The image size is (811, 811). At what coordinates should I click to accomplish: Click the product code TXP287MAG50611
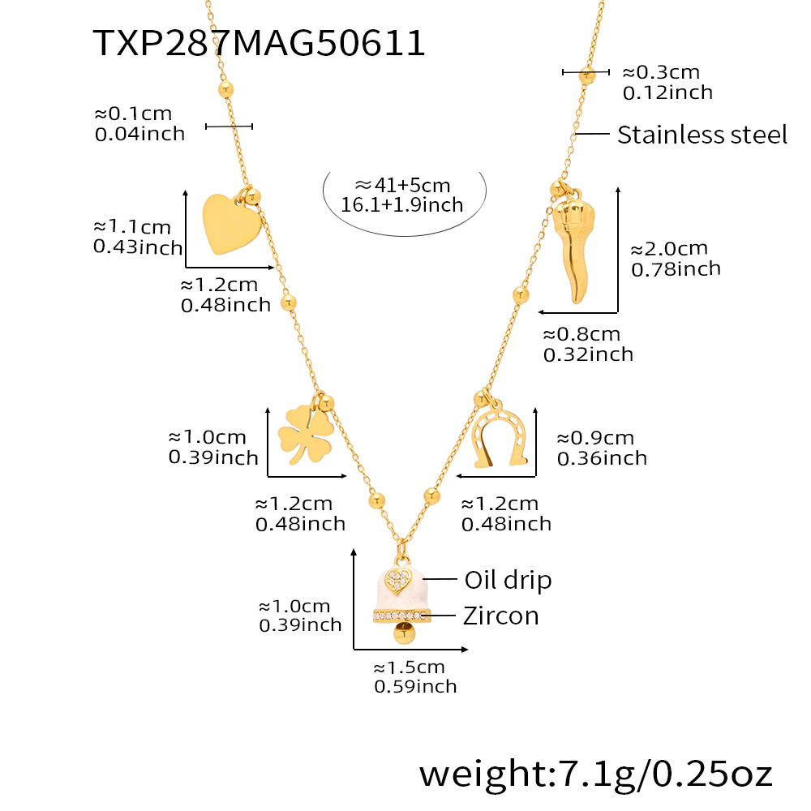(x=260, y=42)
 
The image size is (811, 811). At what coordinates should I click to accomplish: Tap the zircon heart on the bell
(x=398, y=580)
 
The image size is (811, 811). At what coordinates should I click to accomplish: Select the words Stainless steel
(x=702, y=135)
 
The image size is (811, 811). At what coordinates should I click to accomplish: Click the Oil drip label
(x=508, y=580)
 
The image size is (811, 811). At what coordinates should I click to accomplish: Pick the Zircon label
(x=501, y=616)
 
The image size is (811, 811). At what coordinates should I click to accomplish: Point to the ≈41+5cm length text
(x=402, y=186)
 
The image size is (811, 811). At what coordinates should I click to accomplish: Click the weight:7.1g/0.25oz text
(x=596, y=774)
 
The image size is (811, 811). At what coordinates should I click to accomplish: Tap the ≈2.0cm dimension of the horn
(x=669, y=249)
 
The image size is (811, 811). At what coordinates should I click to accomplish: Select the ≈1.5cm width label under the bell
(x=409, y=667)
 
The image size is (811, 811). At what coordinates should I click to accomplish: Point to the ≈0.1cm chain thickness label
(x=133, y=114)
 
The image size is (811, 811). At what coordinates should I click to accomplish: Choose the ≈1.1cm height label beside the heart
(x=132, y=226)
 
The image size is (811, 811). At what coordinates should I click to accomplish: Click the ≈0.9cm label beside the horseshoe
(x=595, y=438)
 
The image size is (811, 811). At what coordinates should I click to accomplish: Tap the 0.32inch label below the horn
(x=588, y=354)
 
